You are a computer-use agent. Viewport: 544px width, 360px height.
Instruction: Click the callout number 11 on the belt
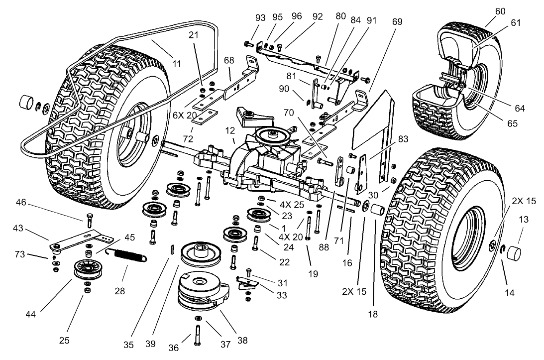point(177,63)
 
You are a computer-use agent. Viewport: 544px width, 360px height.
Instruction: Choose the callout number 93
point(260,17)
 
